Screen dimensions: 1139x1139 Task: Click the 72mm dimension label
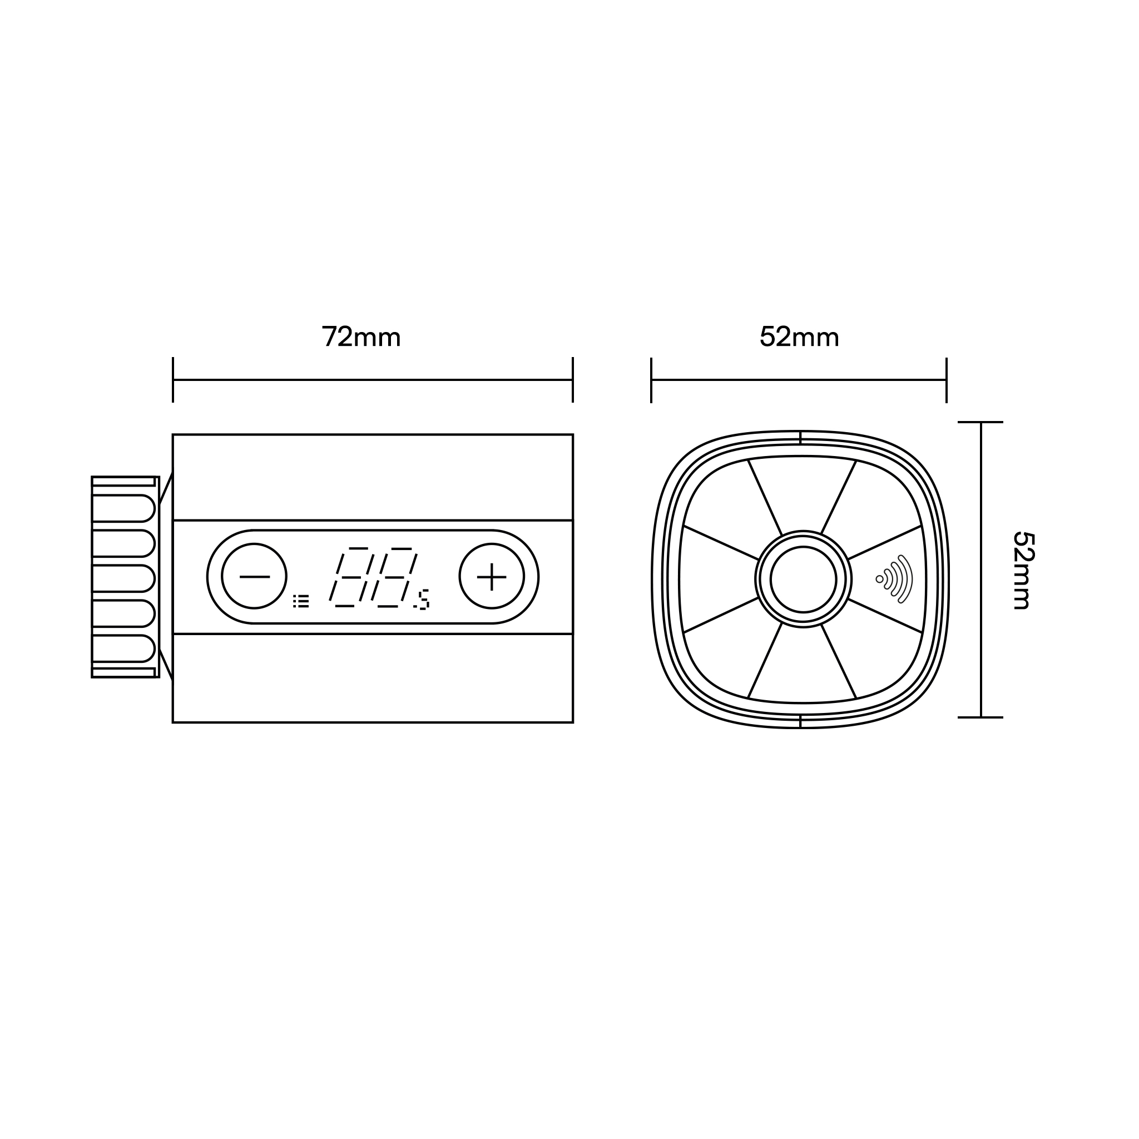[x=361, y=336]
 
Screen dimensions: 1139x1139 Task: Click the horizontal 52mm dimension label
[x=799, y=336]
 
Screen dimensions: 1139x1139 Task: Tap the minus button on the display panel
[x=254, y=576]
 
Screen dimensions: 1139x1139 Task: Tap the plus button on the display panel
[x=492, y=576]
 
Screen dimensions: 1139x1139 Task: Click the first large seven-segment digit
[x=351, y=577]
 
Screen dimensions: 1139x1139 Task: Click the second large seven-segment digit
[x=394, y=577]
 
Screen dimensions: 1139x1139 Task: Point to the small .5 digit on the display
[x=422, y=599]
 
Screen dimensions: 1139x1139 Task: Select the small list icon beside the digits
[x=301, y=601]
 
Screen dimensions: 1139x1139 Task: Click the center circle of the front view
[x=803, y=579]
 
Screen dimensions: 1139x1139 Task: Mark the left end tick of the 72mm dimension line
[x=173, y=380]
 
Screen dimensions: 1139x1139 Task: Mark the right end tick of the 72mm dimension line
[x=572, y=380]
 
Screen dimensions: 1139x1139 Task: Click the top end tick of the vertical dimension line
[x=980, y=422]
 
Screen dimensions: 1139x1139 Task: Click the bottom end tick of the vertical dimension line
[x=980, y=717]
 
